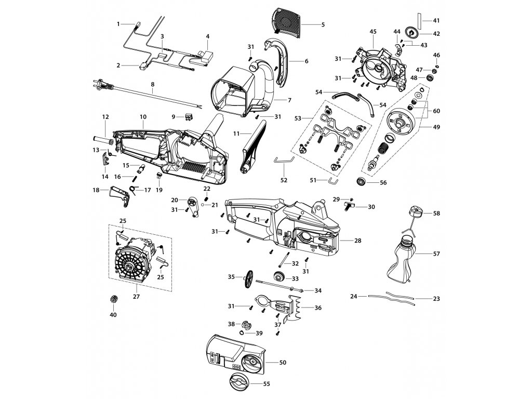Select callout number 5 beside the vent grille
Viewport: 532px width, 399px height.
323,24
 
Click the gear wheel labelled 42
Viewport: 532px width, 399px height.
412,33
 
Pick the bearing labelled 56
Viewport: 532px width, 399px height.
362,181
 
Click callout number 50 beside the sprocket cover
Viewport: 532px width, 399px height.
283,363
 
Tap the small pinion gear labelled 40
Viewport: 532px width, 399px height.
114,300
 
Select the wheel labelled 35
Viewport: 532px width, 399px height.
250,279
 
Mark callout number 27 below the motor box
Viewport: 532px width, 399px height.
137,296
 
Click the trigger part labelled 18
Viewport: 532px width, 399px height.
121,196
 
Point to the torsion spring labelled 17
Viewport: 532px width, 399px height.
134,190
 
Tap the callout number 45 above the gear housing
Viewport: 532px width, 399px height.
373,32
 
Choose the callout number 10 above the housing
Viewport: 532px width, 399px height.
143,117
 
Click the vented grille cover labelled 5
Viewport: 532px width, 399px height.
287,20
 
